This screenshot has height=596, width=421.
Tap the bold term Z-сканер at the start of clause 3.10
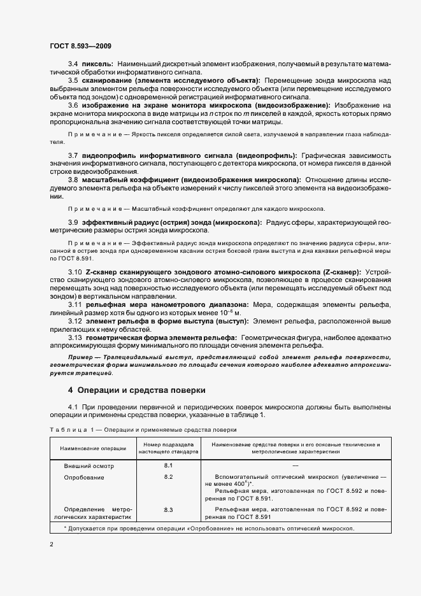pos(103,272)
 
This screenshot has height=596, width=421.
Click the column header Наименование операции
pos(93,448)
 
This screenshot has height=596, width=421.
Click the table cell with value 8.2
pos(169,476)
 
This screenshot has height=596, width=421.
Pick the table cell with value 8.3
pos(169,509)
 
